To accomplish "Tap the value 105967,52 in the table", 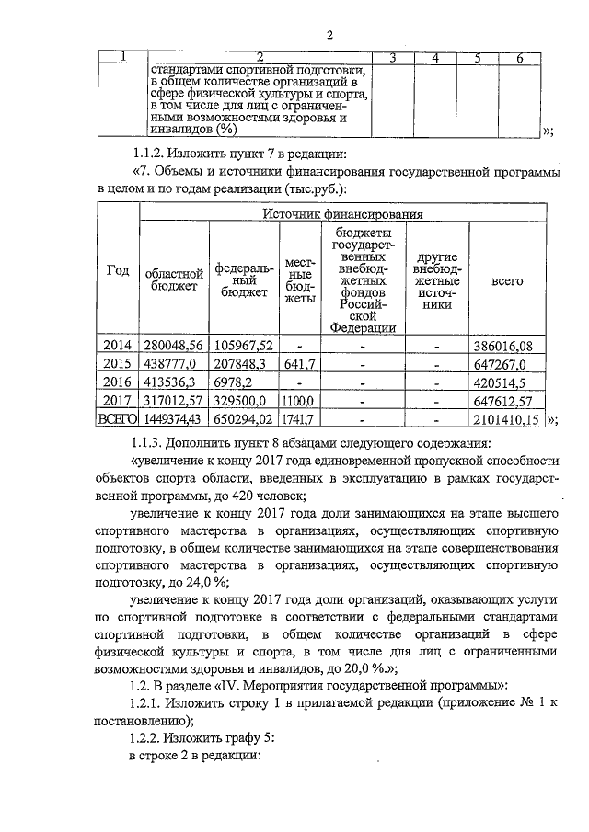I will [x=243, y=346].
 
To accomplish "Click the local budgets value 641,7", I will [x=300, y=364].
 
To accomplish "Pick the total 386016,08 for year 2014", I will [x=504, y=346].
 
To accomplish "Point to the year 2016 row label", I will [x=117, y=382].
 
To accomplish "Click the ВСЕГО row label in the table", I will [x=118, y=419].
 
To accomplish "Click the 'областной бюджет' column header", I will [x=173, y=279].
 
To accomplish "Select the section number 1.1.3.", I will [x=151, y=442].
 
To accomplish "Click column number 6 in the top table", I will [x=520, y=59].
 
